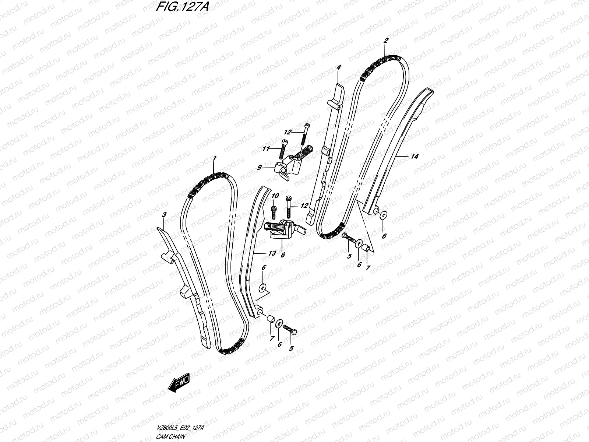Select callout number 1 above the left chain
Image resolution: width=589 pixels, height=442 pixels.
click(214, 158)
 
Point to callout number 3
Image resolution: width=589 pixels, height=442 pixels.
click(164, 214)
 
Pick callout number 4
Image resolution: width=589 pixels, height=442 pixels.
click(339, 67)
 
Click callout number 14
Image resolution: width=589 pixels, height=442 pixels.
click(414, 157)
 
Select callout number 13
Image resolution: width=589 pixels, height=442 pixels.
click(272, 253)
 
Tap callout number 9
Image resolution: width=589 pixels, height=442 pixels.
click(259, 168)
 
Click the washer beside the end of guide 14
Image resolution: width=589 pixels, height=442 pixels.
click(383, 215)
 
